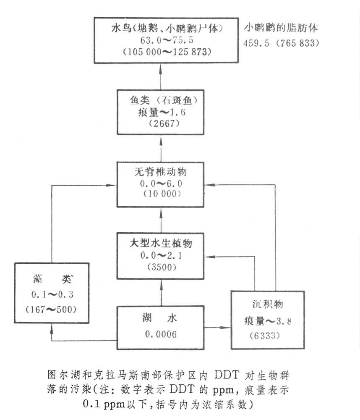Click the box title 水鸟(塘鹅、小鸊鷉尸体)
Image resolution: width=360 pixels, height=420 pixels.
click(x=161, y=29)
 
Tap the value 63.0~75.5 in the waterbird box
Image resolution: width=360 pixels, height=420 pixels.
click(x=162, y=41)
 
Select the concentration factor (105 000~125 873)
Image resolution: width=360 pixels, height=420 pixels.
click(x=162, y=52)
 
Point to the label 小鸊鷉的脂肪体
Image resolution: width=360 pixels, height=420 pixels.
click(x=281, y=29)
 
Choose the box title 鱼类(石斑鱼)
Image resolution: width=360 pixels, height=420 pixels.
click(x=161, y=101)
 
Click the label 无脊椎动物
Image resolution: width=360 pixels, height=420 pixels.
click(x=161, y=172)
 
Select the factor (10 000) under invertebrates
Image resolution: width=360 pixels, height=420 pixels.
click(x=161, y=195)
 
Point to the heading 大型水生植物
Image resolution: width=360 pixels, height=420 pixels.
click(x=161, y=243)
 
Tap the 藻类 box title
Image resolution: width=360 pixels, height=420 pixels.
click(x=52, y=278)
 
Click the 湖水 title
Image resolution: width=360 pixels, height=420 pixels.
click(x=162, y=319)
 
